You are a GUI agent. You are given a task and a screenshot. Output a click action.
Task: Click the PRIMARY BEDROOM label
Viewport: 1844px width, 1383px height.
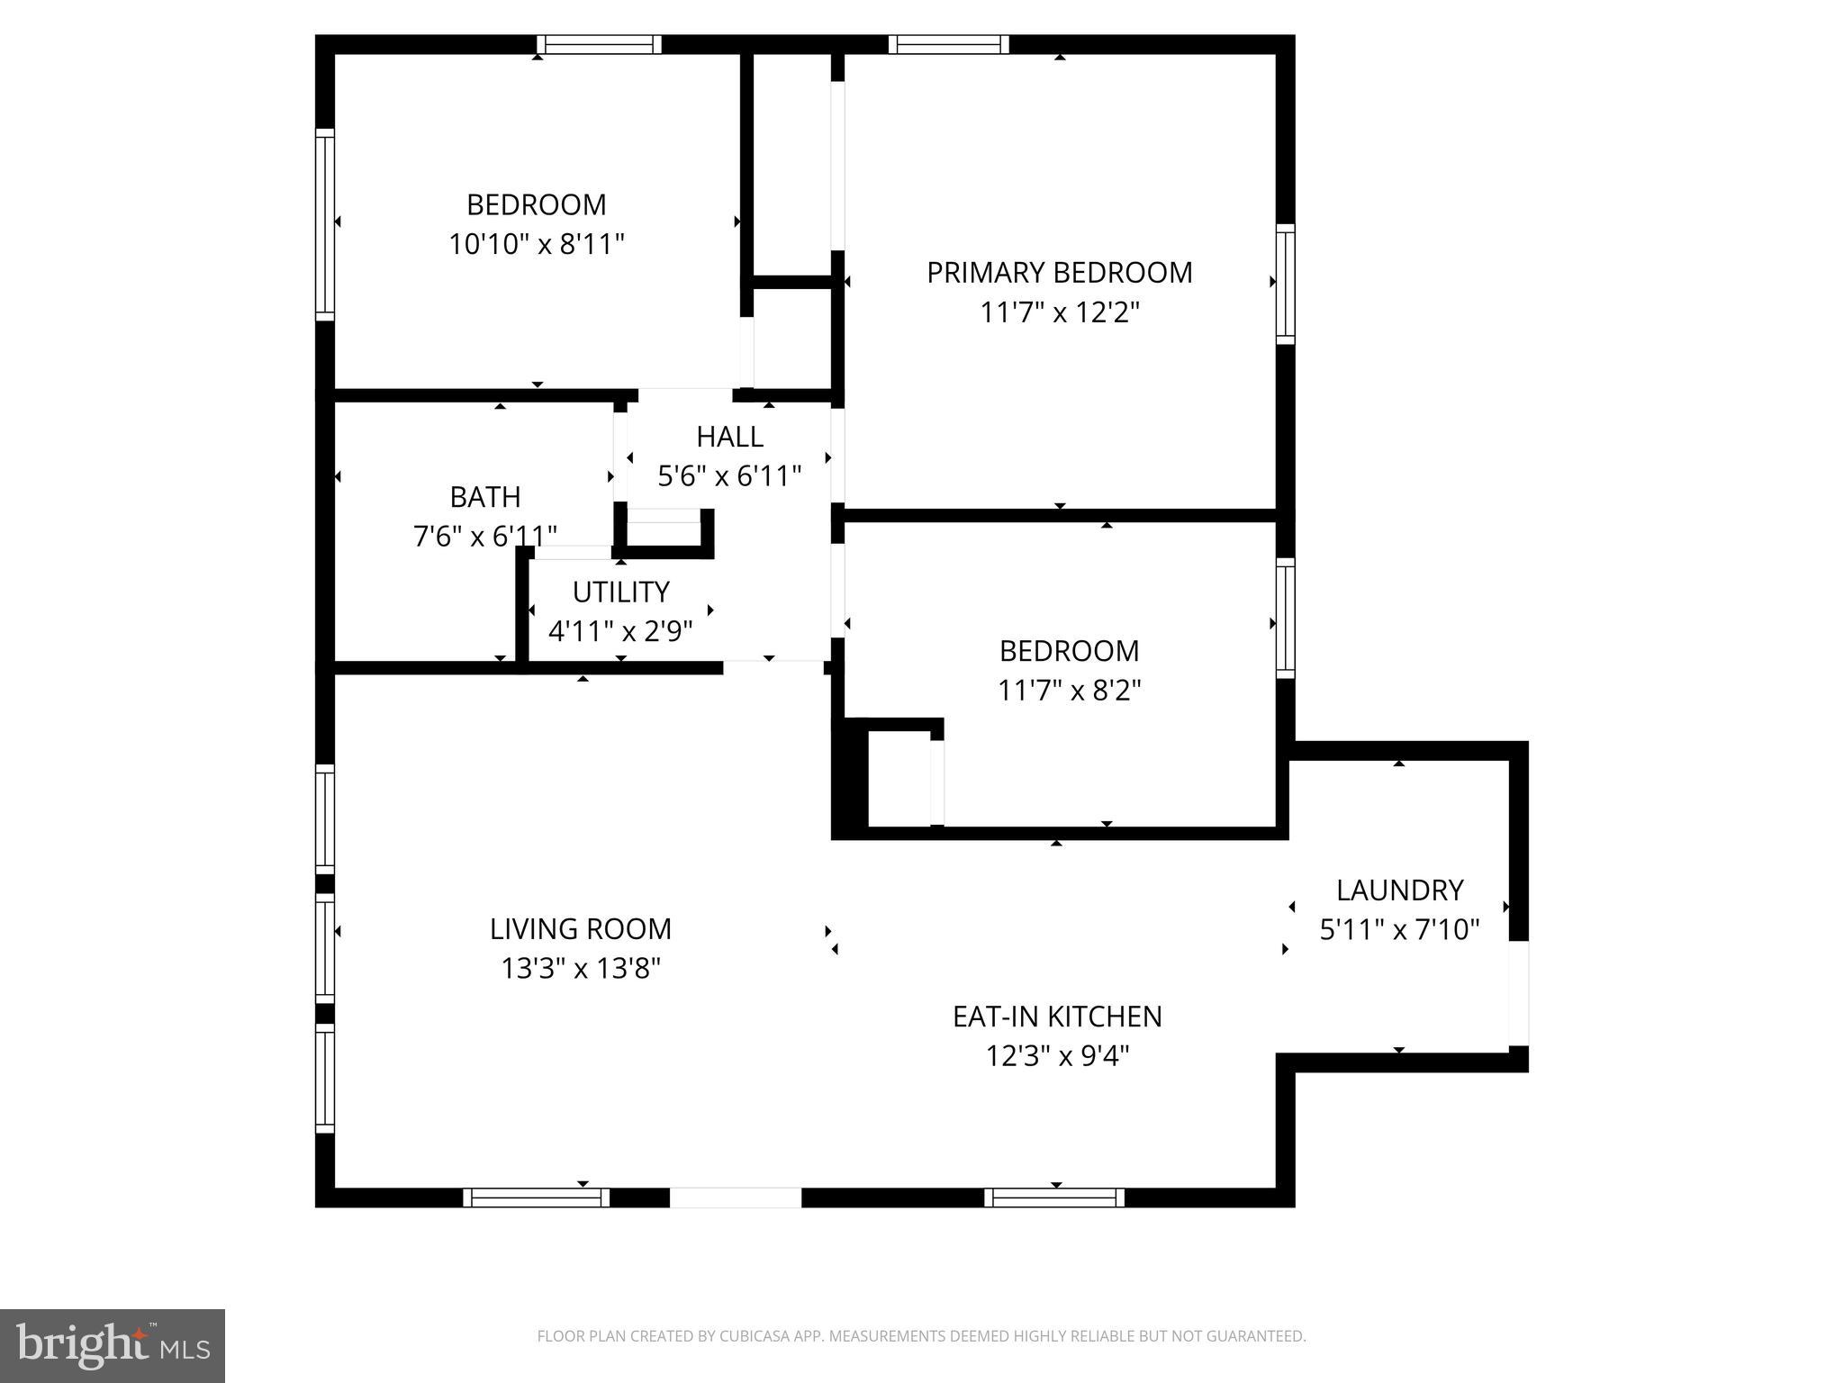pyautogui.click(x=1059, y=273)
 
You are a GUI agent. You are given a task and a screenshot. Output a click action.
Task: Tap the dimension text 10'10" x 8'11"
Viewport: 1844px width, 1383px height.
pyautogui.click(x=537, y=244)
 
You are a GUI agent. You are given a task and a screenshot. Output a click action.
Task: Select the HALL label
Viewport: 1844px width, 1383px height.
pyautogui.click(x=729, y=437)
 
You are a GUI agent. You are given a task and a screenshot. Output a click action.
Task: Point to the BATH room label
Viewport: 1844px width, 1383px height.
pyautogui.click(x=485, y=497)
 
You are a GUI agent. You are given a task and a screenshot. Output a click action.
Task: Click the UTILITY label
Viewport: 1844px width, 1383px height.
pyautogui.click(x=620, y=592)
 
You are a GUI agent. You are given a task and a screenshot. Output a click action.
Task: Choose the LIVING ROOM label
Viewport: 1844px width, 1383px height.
pyautogui.click(x=581, y=929)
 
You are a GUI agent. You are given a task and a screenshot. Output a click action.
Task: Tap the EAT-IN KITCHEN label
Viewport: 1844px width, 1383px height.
pyautogui.click(x=1057, y=1017)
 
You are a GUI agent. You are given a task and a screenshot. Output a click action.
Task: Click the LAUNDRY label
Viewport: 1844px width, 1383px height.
pyautogui.click(x=1399, y=890)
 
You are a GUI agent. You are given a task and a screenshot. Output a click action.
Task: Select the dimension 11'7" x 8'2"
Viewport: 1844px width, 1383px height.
pyautogui.click(x=1069, y=691)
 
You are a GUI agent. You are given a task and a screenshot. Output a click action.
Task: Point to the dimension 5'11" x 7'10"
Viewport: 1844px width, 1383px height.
pyautogui.click(x=1399, y=930)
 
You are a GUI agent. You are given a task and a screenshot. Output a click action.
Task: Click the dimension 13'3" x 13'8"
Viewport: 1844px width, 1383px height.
pyautogui.click(x=581, y=969)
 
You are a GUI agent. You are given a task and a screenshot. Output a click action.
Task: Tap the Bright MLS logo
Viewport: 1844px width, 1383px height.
pyautogui.click(x=113, y=1345)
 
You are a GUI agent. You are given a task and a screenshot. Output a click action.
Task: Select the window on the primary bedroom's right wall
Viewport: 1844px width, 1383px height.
pyautogui.click(x=1286, y=284)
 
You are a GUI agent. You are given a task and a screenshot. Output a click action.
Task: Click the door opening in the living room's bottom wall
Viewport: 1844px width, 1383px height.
pyautogui.click(x=735, y=1198)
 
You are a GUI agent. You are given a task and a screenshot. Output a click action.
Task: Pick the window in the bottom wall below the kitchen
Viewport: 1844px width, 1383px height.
pyautogui.click(x=1053, y=1198)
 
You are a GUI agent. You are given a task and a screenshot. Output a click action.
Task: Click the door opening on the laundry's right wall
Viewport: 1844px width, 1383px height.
pyautogui.click(x=1518, y=993)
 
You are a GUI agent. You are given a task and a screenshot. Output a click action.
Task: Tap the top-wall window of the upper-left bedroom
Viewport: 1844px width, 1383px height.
pyautogui.click(x=599, y=45)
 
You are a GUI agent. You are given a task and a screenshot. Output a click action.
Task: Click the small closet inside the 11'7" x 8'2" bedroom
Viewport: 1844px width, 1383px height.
pyautogui.click(x=899, y=778)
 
